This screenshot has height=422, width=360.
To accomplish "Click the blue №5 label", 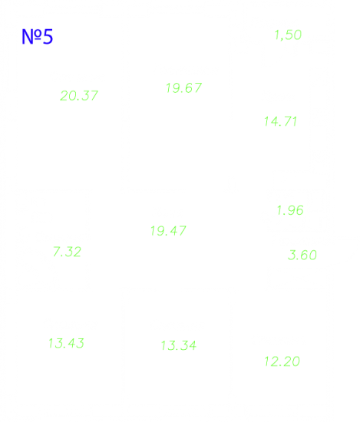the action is pos(37,37).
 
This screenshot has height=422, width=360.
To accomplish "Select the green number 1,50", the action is pos(288,35).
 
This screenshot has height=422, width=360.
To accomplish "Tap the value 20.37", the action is pos(79,96).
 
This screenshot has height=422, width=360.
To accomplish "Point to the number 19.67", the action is pos(184,88).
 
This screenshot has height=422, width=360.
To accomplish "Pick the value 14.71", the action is pos(280,121).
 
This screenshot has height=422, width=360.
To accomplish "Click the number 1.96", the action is pos(290,210).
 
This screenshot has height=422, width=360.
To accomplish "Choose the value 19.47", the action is pos(168,231).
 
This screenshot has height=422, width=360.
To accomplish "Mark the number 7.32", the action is pos(67,252).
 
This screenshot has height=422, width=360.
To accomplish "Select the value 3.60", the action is pos(302,255).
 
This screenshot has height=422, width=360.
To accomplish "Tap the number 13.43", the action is pos(66,343).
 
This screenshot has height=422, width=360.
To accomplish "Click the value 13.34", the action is pos(179,345).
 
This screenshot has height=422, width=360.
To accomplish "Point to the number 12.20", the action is pos(282,361).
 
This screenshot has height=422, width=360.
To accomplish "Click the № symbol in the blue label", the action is pos(31,37).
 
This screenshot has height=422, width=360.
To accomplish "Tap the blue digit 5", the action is pos(48,37).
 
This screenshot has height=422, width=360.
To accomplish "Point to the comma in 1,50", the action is pos(281,39).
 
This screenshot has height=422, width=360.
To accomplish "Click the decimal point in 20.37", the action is pos(78,100).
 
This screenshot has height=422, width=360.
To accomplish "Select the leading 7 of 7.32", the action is pos(57,252).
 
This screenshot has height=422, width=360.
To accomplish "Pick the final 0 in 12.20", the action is pos(296,361).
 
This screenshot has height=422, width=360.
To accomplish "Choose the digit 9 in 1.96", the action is pos(291,210).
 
